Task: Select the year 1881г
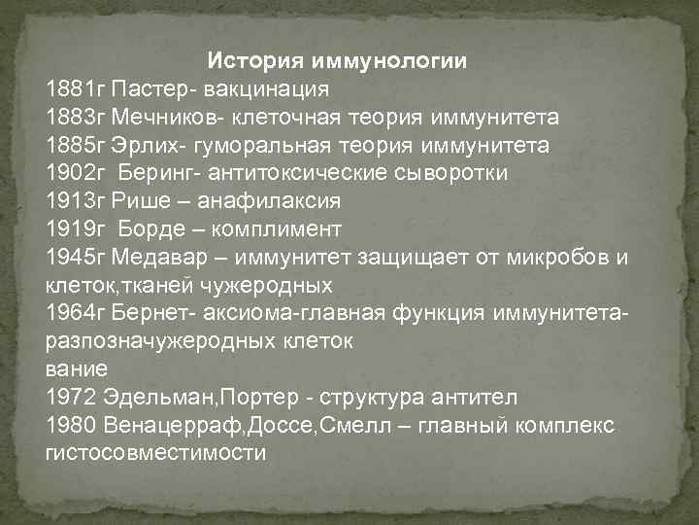coord(75,89)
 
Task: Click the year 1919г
coord(75,230)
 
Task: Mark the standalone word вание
coord(77,370)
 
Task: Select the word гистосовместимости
coord(155,454)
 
